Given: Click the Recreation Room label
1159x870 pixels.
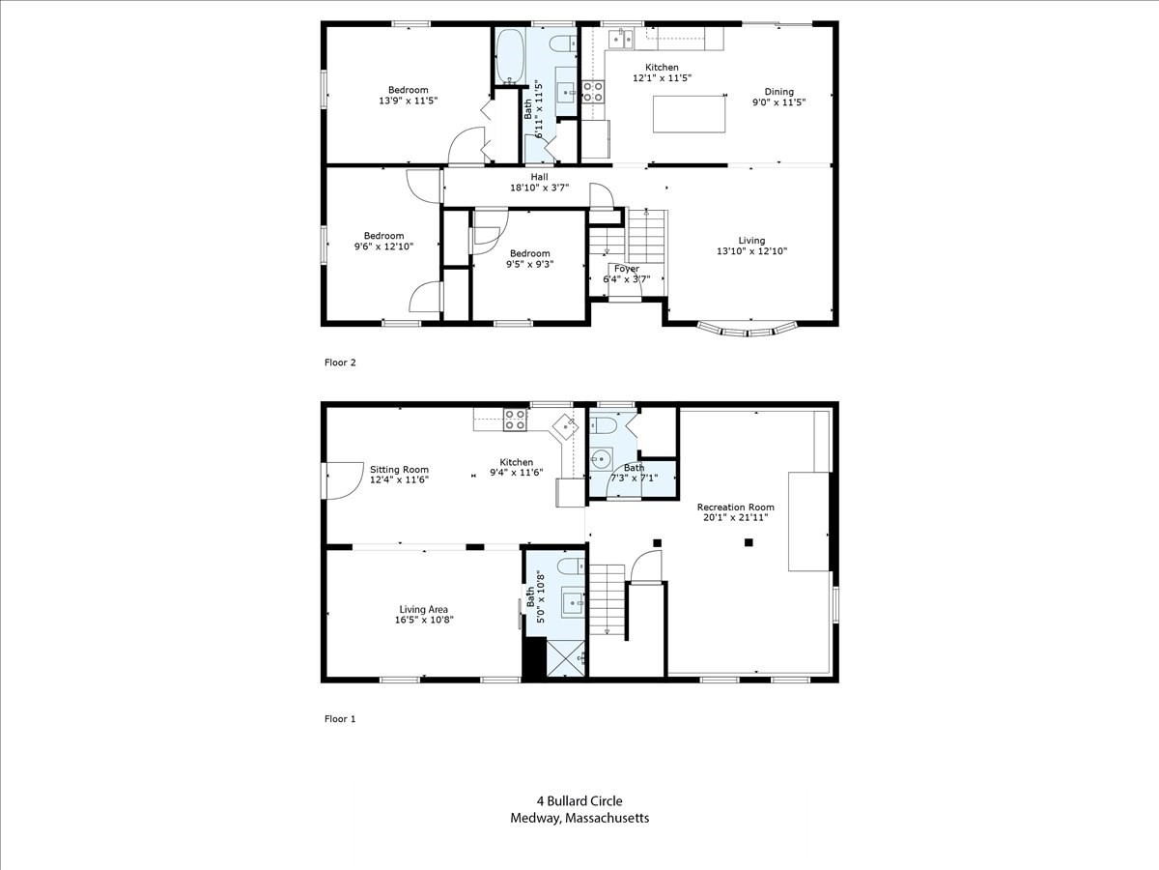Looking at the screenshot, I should [x=735, y=507].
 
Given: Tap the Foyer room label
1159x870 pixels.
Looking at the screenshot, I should [x=626, y=269].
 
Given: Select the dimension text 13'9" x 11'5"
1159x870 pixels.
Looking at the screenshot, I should [x=403, y=101].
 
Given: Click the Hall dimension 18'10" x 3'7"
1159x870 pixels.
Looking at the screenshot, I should [x=539, y=188].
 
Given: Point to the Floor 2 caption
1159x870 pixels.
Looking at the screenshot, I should [x=340, y=362].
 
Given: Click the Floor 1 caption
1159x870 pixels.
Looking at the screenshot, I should [x=340, y=719].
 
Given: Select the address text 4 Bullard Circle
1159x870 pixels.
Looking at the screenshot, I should [x=579, y=800].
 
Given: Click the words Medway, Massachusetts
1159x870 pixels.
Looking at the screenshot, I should [x=579, y=818].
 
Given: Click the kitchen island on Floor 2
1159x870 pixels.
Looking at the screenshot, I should [x=690, y=114].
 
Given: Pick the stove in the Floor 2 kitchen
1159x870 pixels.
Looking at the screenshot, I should [x=593, y=92].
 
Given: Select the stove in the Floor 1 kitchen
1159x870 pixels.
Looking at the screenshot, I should [x=516, y=420].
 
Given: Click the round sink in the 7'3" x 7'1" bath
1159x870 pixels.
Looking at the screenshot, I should [x=601, y=459].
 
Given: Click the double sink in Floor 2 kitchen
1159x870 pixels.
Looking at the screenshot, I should [x=619, y=39].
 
